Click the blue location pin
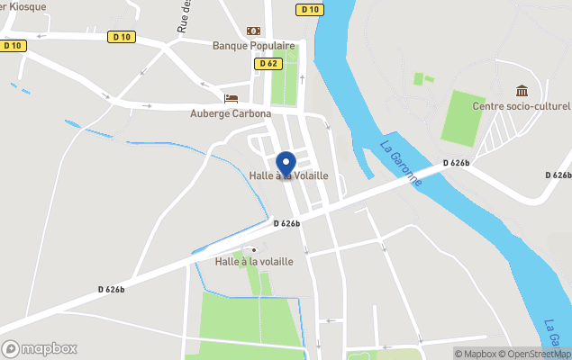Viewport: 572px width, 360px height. tap(286, 165)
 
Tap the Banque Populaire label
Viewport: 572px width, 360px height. tap(254, 46)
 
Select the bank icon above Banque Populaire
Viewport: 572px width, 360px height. tap(253, 31)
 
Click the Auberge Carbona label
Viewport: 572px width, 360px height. tap(231, 113)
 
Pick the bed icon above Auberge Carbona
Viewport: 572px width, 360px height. tap(231, 98)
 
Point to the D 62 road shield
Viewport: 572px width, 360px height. tap(268, 64)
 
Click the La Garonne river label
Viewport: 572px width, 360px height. tap(401, 162)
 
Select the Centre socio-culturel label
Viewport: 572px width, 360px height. tap(522, 107)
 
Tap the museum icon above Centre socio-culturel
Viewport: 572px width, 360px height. tap(522, 91)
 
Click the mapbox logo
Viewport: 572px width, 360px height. tap(40, 348)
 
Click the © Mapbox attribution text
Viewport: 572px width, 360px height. tap(477, 354)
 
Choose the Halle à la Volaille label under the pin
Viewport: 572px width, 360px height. tap(288, 175)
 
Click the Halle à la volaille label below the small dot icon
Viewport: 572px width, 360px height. tap(254, 262)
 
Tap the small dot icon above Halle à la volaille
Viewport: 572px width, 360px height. tap(254, 249)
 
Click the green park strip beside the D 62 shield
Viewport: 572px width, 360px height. tap(286, 85)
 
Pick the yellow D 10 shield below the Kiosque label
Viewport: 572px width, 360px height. tap(12, 46)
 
